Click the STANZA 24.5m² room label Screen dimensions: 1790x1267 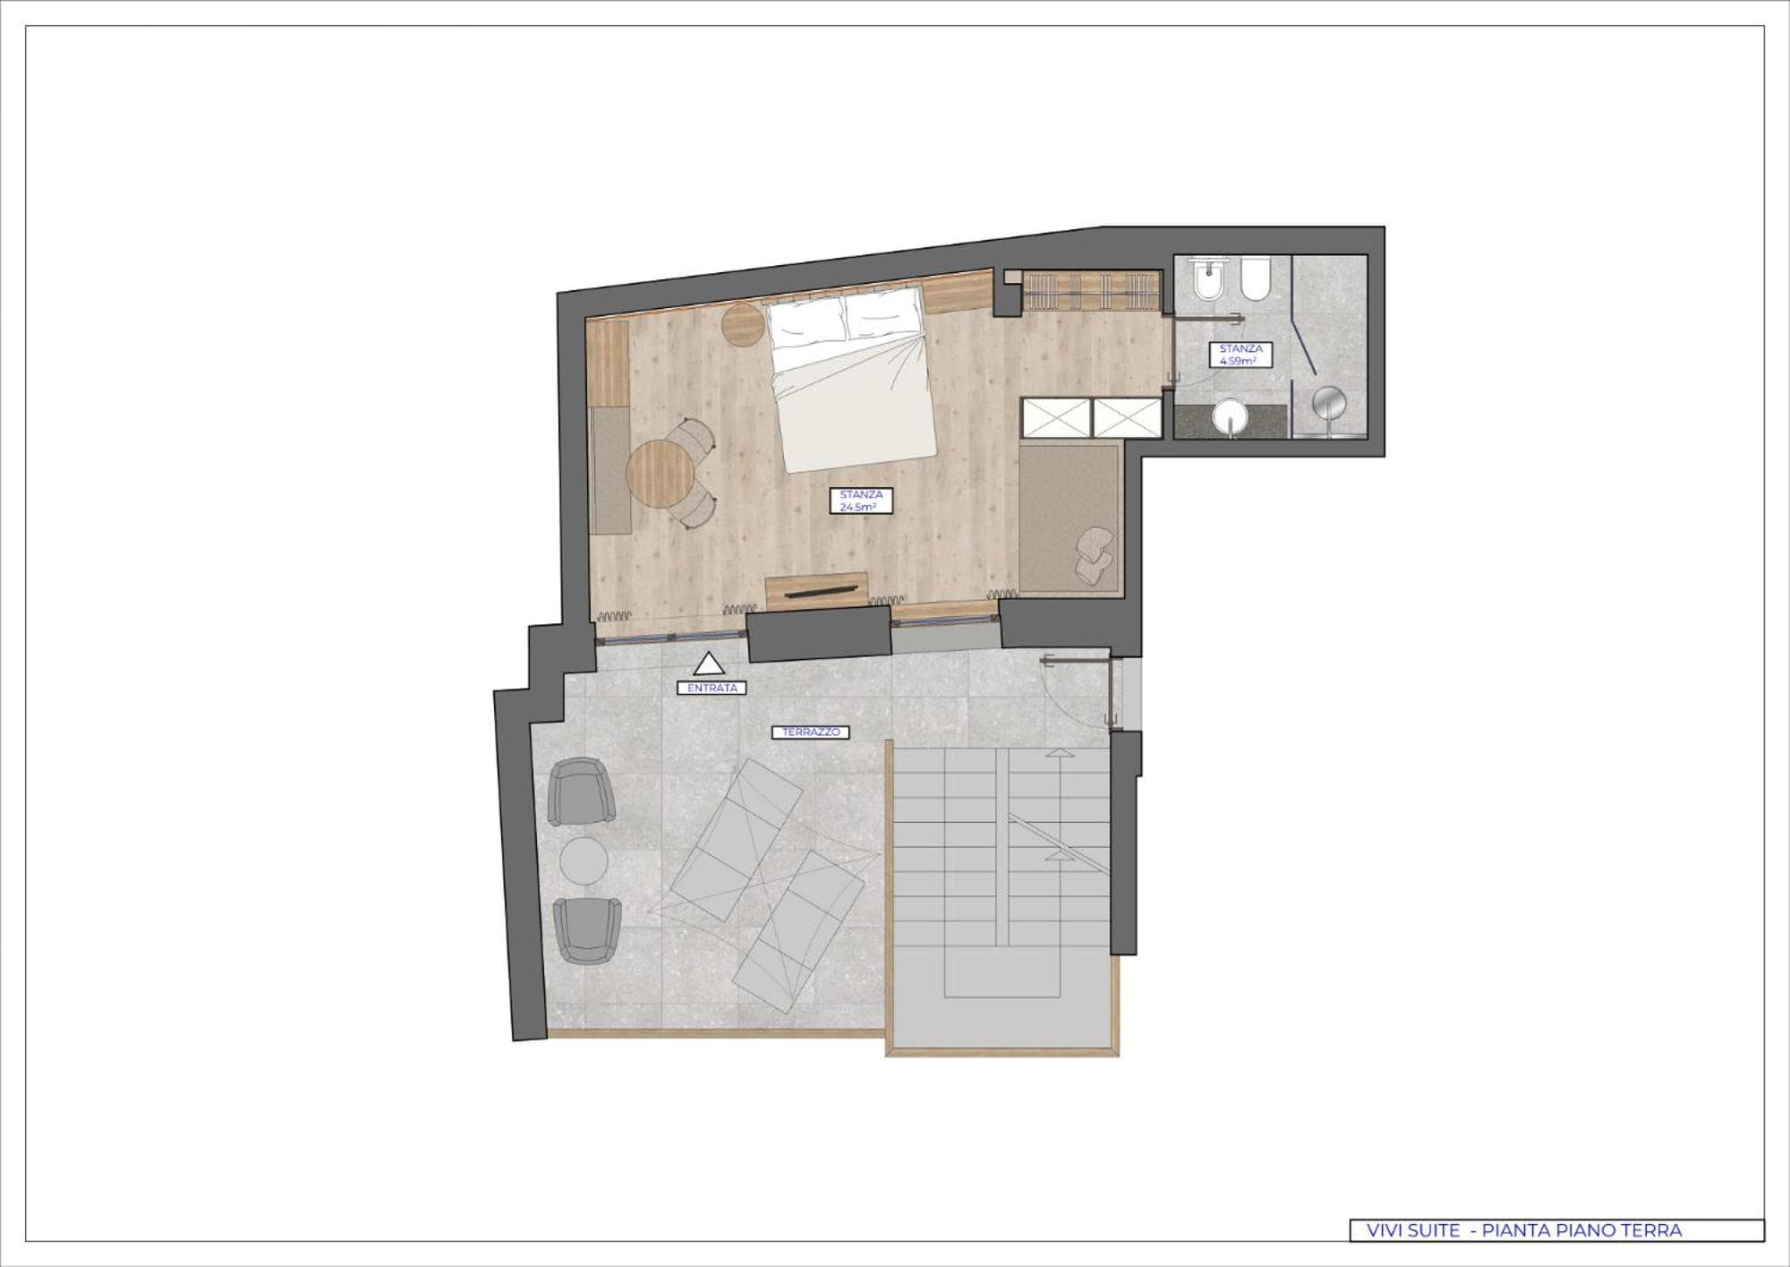(x=861, y=501)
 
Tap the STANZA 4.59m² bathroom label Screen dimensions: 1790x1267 (x=1240, y=355)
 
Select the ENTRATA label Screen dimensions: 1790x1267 (x=712, y=688)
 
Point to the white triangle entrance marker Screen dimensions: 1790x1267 (x=710, y=663)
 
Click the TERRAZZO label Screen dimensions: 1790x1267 (x=811, y=732)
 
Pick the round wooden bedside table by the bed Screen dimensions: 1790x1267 (x=742, y=324)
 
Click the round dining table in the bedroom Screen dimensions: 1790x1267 (x=661, y=474)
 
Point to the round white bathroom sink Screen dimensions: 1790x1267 (x=1230, y=416)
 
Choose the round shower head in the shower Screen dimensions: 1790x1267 (x=1329, y=403)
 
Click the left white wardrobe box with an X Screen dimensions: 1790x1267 (x=1056, y=418)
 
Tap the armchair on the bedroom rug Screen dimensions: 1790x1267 (x=1094, y=555)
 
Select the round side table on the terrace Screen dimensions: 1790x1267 (x=584, y=860)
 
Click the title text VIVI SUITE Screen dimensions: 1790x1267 (x=1413, y=1230)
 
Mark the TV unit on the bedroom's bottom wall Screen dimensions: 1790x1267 (x=817, y=590)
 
